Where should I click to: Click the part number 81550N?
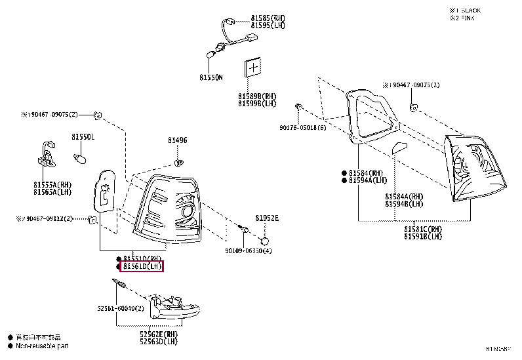[211, 77]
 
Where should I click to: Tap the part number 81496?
[177, 140]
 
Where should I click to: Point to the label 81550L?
[83, 137]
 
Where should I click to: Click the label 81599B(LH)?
[257, 103]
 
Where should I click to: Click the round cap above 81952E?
[267, 233]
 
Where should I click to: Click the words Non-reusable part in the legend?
[42, 346]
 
